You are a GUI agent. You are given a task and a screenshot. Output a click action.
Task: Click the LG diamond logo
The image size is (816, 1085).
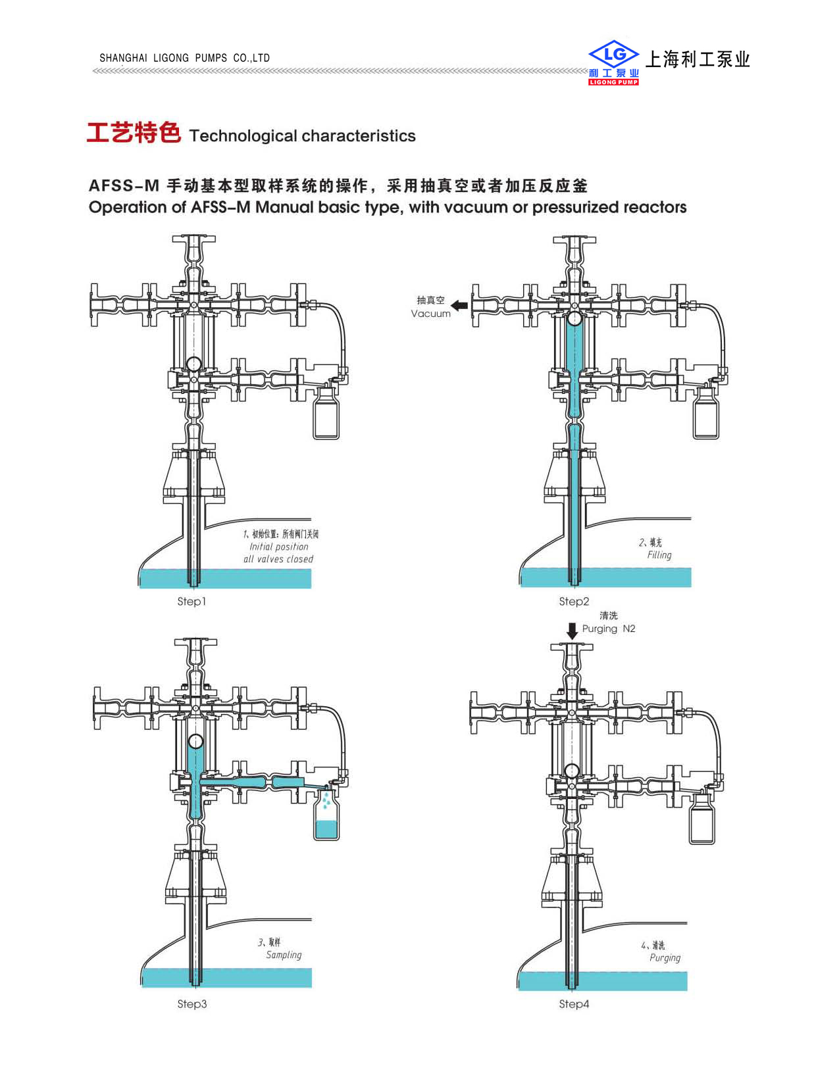tap(613, 55)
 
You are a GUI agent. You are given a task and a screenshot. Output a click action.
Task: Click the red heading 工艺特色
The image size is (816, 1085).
tap(134, 133)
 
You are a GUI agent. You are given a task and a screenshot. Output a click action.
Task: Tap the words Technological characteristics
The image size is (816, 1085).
tap(302, 136)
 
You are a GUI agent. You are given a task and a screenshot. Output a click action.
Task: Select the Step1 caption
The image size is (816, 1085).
tap(191, 601)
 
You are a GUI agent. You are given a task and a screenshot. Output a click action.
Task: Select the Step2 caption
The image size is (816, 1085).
tap(574, 601)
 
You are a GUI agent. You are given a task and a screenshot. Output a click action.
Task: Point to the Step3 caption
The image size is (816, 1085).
tap(191, 1003)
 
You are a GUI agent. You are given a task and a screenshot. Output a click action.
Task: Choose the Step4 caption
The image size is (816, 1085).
tap(574, 1003)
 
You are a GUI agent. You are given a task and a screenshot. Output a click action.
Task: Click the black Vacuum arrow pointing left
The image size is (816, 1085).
tap(459, 305)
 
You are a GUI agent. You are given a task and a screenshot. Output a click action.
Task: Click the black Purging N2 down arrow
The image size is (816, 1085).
tap(572, 631)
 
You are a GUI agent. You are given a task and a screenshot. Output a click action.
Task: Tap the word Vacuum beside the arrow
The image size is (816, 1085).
tap(430, 314)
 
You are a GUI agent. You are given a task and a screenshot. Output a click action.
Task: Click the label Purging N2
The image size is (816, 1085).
tap(609, 629)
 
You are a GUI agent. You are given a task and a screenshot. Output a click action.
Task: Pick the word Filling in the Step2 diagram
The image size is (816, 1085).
tap(659, 555)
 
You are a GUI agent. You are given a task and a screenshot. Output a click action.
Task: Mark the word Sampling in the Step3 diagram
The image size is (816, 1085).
tap(284, 955)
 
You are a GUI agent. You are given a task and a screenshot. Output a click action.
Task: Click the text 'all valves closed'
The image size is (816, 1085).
tap(278, 559)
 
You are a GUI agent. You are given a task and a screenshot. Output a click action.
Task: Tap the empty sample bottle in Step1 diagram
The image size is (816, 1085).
tap(326, 414)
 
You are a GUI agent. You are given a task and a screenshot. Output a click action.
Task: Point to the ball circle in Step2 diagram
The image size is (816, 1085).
tap(574, 319)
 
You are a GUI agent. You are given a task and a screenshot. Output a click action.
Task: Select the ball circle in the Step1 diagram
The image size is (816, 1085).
tap(193, 364)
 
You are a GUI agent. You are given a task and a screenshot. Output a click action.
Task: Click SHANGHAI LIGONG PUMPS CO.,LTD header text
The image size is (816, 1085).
tap(184, 58)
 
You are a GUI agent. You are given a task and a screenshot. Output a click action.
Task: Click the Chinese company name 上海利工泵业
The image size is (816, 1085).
tap(698, 59)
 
